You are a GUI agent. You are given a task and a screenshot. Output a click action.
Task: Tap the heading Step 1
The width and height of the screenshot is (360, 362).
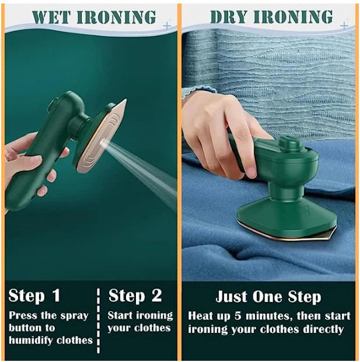[34, 296]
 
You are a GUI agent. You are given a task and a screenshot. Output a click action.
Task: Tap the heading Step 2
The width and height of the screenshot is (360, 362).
[135, 296]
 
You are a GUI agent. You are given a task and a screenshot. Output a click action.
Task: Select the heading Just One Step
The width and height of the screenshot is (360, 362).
[268, 296]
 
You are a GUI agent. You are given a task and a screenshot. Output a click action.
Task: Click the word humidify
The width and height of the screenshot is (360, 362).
[30, 340]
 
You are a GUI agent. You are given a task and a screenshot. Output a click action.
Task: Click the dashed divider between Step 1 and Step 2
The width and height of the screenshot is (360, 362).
[98, 318]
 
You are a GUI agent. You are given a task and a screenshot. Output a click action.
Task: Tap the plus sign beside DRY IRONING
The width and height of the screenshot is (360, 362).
[344, 26]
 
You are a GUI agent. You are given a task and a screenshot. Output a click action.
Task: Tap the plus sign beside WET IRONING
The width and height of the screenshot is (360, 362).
[167, 26]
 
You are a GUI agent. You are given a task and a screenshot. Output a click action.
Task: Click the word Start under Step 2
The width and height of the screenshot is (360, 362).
[121, 316]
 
